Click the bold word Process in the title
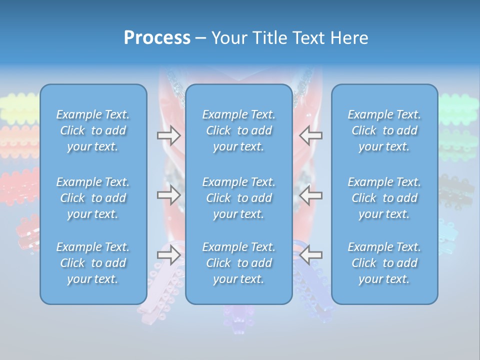157,38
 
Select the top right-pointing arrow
168,135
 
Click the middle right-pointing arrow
168,195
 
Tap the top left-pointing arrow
311,135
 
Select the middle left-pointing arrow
311,195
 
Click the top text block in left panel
93,130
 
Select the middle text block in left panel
93,198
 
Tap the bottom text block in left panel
93,263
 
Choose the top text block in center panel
238,130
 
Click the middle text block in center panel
238,198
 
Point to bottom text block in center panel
238,263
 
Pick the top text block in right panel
384,130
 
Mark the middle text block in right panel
384,198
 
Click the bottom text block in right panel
384,263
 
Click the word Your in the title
227,38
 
